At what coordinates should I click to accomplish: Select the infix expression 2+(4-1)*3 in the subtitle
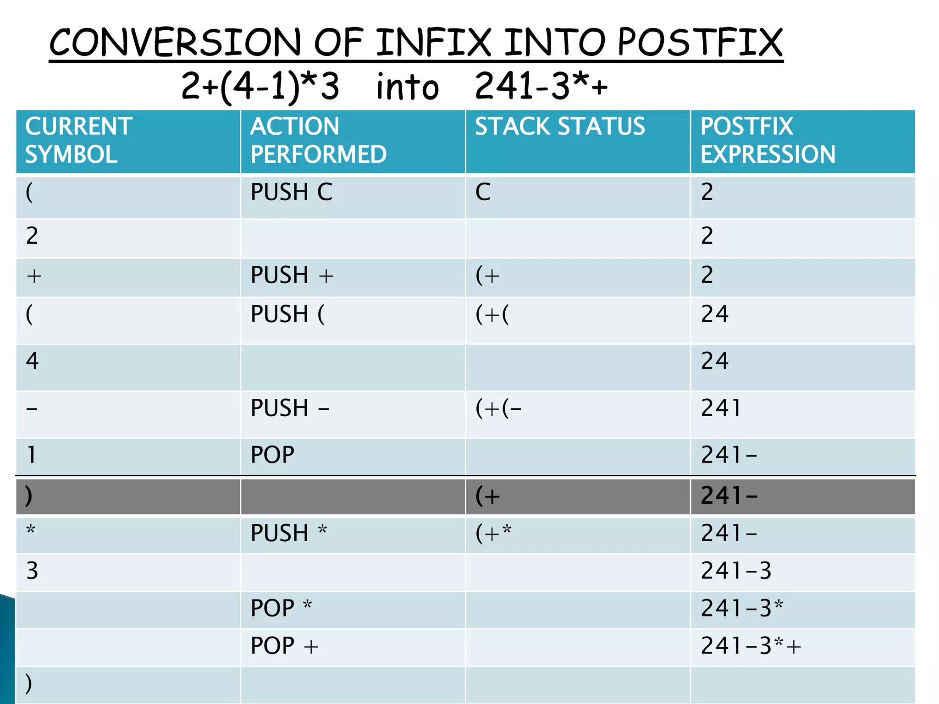pyautogui.click(x=260, y=86)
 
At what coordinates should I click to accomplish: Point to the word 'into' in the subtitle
pyautogui.click(x=407, y=87)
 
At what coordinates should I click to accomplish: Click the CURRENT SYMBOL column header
pyautogui.click(x=79, y=140)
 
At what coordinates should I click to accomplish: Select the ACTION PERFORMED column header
pyautogui.click(x=318, y=140)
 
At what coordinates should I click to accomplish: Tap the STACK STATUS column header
pyautogui.click(x=559, y=126)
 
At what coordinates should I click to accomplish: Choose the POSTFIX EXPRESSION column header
pyautogui.click(x=768, y=140)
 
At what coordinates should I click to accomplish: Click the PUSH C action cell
pyautogui.click(x=292, y=192)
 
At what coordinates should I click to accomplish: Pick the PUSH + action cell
pyautogui.click(x=292, y=275)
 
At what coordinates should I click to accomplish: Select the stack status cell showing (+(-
pyautogui.click(x=498, y=408)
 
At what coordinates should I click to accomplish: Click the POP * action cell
pyautogui.click(x=281, y=608)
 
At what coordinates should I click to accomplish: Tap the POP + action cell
pyautogui.click(x=284, y=646)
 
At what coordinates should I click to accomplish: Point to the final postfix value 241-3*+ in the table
pyautogui.click(x=751, y=646)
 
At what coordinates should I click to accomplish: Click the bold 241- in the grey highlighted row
pyautogui.click(x=729, y=496)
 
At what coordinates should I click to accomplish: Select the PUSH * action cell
pyautogui.click(x=289, y=533)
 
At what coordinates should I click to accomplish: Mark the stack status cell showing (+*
pyautogui.click(x=493, y=533)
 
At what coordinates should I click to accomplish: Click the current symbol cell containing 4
pyautogui.click(x=32, y=361)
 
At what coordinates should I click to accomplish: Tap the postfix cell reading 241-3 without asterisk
pyautogui.click(x=736, y=571)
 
